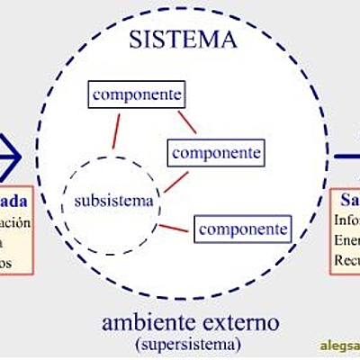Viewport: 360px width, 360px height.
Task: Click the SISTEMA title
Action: [183, 39]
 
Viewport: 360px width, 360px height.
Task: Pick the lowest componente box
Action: [244, 229]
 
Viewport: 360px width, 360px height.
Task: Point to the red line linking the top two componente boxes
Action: [186, 121]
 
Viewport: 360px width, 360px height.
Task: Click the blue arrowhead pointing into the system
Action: [11, 155]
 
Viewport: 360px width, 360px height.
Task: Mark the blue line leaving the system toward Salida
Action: [347, 156]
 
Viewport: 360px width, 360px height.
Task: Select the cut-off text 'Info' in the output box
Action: [346, 220]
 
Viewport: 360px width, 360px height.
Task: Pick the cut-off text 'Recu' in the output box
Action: [346, 260]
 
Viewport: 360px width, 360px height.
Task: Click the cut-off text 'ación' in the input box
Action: [14, 221]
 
